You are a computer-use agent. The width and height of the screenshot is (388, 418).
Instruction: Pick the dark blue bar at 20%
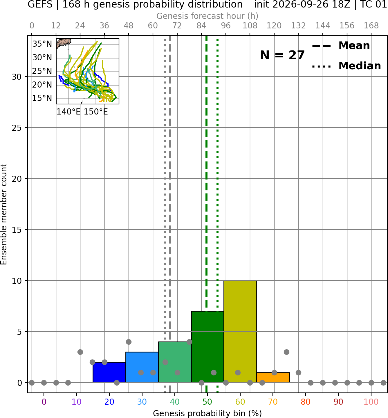tap(109, 372)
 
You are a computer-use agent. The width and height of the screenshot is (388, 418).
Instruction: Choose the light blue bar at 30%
tap(142, 367)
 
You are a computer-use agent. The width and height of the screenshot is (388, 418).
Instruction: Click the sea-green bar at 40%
tap(175, 362)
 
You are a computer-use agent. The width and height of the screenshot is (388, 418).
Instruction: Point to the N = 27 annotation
tap(282, 55)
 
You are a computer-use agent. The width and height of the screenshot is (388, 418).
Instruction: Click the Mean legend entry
tap(341, 46)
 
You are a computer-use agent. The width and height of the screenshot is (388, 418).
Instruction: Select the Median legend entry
tap(347, 66)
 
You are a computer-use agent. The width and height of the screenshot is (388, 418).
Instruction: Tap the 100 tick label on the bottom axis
tap(371, 402)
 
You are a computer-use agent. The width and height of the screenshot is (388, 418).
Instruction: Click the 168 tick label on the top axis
tap(371, 26)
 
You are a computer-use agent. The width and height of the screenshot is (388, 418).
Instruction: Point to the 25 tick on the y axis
tap(17, 128)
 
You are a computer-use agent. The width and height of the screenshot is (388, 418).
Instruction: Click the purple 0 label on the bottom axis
tap(44, 402)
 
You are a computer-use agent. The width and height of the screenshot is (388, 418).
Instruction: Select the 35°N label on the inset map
tap(42, 44)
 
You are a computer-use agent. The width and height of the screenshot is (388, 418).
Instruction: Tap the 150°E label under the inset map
tap(96, 112)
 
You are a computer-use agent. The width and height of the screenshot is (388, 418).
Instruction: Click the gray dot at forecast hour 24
tap(80, 352)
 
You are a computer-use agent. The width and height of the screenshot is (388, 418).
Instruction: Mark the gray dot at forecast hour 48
tap(129, 342)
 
